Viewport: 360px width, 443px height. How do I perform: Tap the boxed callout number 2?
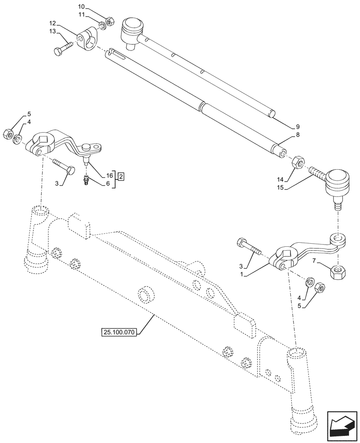tap(121, 177)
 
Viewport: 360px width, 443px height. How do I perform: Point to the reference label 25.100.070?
tap(120, 331)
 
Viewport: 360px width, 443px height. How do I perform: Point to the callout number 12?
tap(52, 23)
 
